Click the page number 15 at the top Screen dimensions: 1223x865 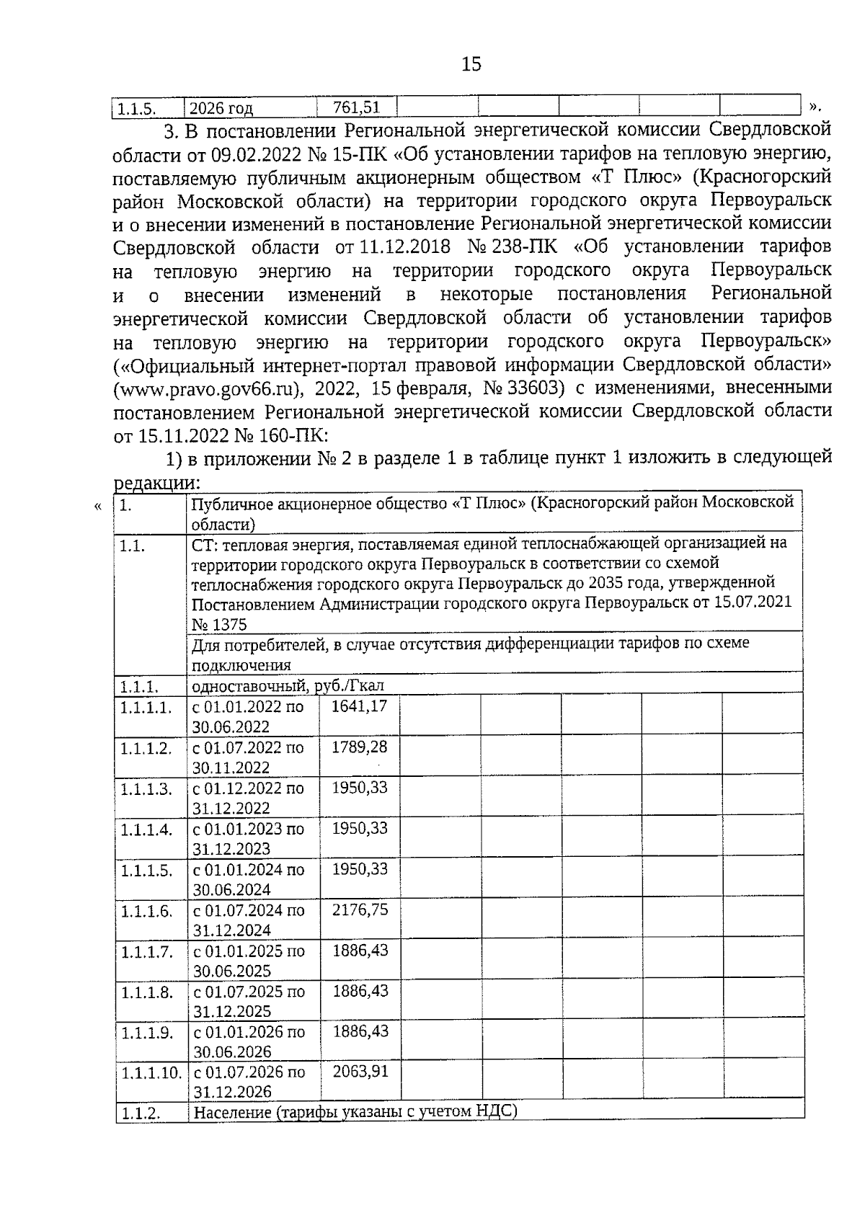coord(471,65)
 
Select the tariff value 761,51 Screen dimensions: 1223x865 coord(356,107)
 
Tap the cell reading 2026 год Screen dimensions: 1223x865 coord(221,109)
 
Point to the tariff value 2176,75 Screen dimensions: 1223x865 coord(360,910)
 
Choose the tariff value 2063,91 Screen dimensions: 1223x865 coord(360,1072)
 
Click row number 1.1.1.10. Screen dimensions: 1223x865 coord(151,1073)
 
